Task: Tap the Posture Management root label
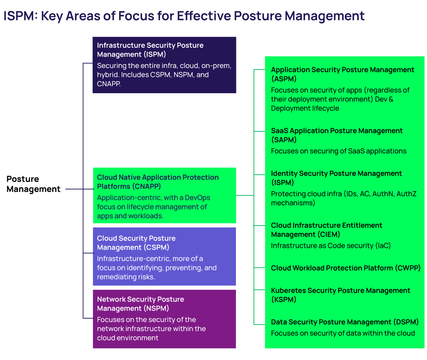pos(33,184)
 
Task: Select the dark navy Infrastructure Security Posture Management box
pos(164,65)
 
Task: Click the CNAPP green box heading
pos(158,182)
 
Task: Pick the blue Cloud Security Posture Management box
pos(164,256)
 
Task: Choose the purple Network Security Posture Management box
pos(164,319)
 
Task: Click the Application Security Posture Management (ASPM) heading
pos(342,74)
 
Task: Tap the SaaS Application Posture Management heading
pos(337,135)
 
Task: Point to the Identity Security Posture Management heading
pos(336,178)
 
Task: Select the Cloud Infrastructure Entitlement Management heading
pos(326,230)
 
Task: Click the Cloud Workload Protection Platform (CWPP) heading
pos(346,268)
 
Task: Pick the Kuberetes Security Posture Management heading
pos(340,295)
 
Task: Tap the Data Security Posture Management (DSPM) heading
pos(344,322)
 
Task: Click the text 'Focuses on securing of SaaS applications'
pos(338,151)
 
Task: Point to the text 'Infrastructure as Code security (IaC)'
pos(331,246)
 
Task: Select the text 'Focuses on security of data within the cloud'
pos(343,333)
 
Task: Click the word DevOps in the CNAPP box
pos(197,198)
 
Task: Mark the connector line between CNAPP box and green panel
pos(245,195)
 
